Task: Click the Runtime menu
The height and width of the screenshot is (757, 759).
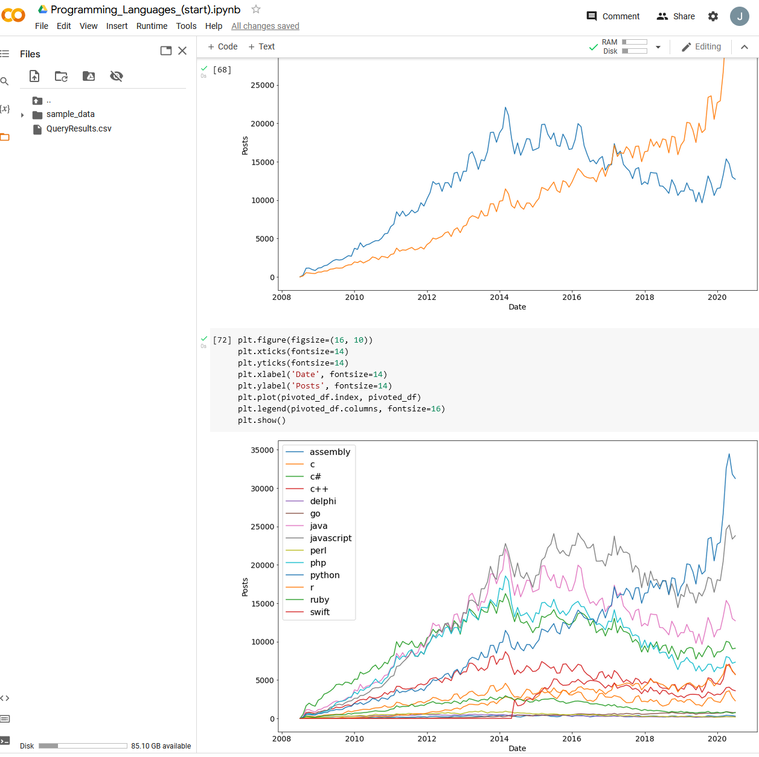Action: click(152, 26)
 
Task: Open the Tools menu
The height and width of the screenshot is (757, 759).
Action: click(186, 26)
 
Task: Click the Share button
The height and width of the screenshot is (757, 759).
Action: click(676, 16)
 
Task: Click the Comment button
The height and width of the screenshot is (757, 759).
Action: click(613, 16)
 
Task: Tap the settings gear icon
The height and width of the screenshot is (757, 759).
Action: click(713, 16)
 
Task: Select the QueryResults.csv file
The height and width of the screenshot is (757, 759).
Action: click(78, 128)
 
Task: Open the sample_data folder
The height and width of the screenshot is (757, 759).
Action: click(70, 114)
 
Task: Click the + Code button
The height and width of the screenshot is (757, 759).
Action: click(222, 46)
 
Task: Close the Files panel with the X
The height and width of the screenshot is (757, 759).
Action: click(182, 51)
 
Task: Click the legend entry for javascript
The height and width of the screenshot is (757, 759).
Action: click(330, 538)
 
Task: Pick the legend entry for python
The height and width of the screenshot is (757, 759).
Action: click(324, 575)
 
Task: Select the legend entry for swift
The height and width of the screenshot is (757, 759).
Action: click(319, 612)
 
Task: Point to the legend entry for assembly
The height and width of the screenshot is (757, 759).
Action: click(329, 452)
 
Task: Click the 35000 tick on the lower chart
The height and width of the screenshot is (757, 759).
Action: click(262, 450)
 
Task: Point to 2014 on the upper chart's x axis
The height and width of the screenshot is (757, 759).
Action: click(499, 297)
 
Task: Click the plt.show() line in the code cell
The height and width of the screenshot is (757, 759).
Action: click(261, 420)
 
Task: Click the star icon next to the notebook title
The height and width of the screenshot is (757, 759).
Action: click(256, 9)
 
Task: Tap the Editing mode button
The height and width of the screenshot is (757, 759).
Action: click(701, 46)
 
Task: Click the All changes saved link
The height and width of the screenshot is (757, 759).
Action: click(265, 26)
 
